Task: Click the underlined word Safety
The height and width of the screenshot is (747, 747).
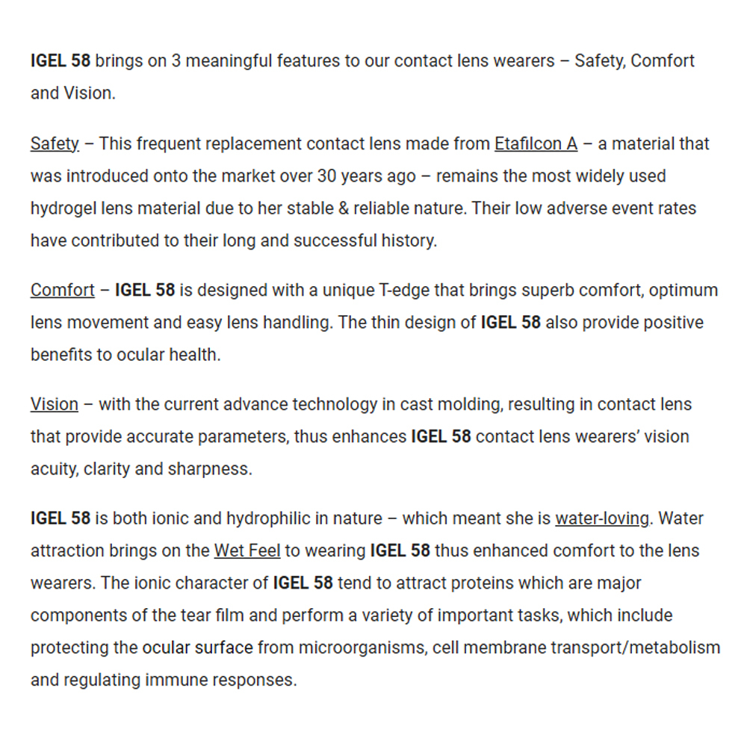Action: pyautogui.click(x=55, y=143)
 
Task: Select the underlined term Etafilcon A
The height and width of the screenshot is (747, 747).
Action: pyautogui.click(x=536, y=143)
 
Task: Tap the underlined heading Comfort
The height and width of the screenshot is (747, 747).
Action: pyautogui.click(x=63, y=290)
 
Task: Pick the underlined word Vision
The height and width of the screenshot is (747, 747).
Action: pyautogui.click(x=54, y=404)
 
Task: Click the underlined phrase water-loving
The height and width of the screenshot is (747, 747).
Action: pyautogui.click(x=602, y=518)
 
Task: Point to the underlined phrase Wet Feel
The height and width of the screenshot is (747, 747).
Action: pyautogui.click(x=247, y=551)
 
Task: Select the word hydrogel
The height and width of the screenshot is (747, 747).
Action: pyautogui.click(x=63, y=208)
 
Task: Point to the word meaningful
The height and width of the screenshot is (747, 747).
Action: pyautogui.click(x=229, y=61)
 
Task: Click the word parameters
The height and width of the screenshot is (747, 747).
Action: pyautogui.click(x=240, y=436)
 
